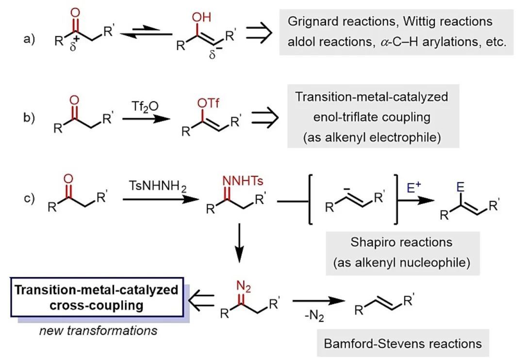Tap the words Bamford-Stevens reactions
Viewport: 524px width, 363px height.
[403, 344]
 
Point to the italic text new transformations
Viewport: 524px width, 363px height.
[98, 330]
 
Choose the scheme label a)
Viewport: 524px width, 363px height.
[30, 39]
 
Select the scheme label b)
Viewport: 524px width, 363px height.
[30, 119]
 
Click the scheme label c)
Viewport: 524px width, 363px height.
[30, 198]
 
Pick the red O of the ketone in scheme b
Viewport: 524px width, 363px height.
[74, 101]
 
